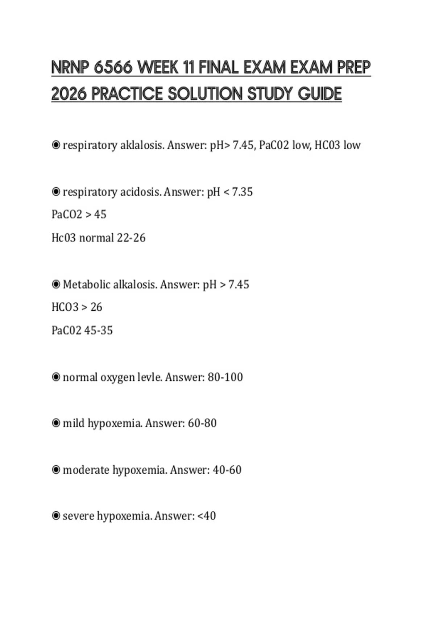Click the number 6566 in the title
[x=113, y=68]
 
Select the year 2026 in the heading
[x=69, y=94]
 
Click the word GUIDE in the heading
[x=320, y=94]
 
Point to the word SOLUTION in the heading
[x=205, y=94]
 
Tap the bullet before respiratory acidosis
[x=56, y=191]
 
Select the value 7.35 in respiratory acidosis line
[x=242, y=192]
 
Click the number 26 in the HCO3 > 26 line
[x=96, y=307]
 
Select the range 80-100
[x=225, y=377]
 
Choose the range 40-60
[x=227, y=470]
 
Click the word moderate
[x=86, y=470]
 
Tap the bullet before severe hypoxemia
[x=56, y=515]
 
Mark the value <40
[x=206, y=516]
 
